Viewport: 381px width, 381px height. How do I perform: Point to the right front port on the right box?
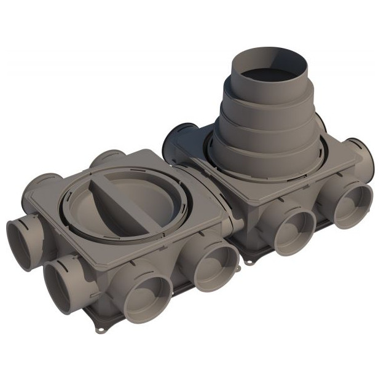click(353, 205)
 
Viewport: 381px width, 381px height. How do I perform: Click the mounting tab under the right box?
click(248, 261)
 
